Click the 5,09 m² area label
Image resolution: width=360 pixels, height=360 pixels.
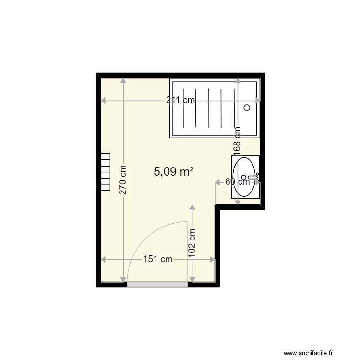tap(174, 171)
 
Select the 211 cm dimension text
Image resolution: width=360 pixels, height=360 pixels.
tap(180, 101)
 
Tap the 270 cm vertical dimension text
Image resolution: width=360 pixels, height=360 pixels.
tap(123, 180)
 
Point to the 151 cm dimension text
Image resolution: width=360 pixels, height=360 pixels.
tap(158, 260)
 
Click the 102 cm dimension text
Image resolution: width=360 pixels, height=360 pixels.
tap(192, 243)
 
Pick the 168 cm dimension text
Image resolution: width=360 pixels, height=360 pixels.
tap(237, 140)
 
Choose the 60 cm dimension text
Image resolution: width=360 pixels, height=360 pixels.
tap(237, 181)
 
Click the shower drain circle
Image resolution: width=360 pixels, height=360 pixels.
tap(247, 108)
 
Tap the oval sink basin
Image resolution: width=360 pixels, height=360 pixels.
tap(245, 177)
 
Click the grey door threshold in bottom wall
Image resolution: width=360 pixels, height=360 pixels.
tap(157, 284)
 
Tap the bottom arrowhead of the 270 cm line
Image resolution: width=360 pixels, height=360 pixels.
tap(123, 280)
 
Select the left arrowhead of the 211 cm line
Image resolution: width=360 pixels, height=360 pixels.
tap(103, 101)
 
